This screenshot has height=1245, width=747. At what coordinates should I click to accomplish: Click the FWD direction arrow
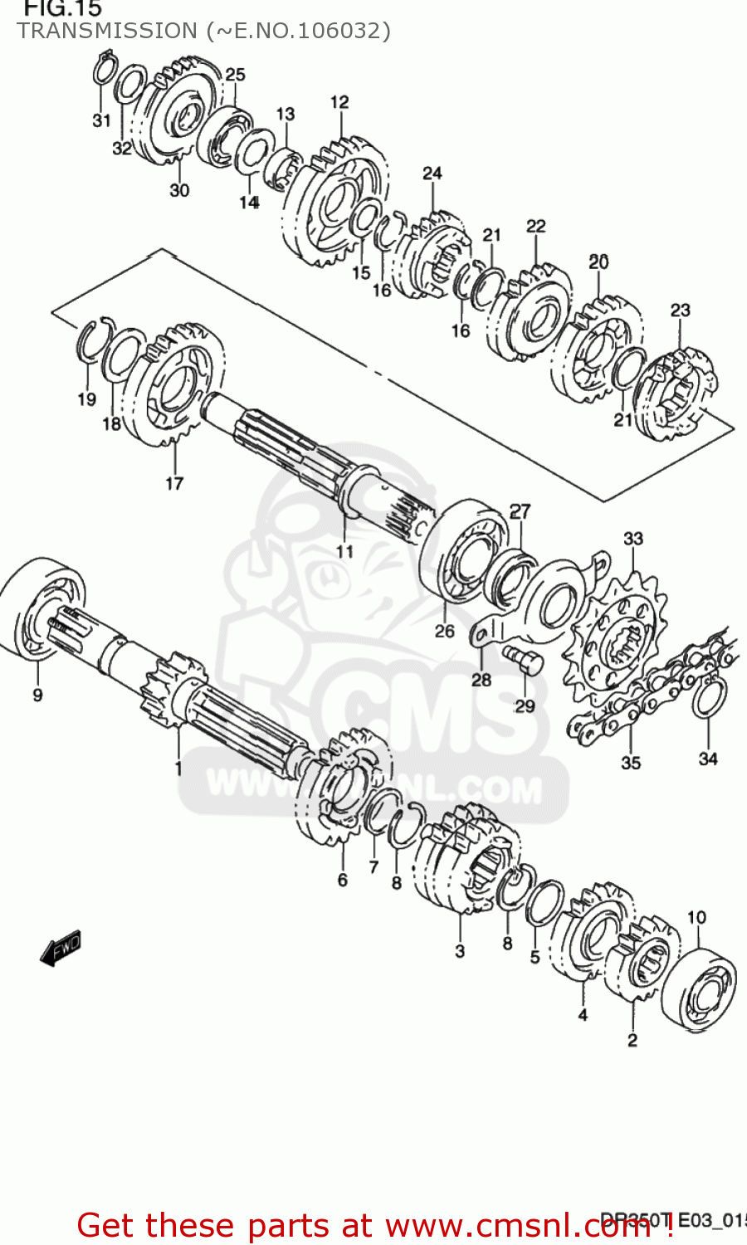61,947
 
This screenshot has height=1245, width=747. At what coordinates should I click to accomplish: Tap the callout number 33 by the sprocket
633,539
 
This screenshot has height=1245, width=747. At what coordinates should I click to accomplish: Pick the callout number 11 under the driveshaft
344,551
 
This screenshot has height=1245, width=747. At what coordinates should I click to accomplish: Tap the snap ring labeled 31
103,70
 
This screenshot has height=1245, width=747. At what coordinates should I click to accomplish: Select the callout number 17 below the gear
174,483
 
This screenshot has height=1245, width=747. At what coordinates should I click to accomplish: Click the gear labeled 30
174,116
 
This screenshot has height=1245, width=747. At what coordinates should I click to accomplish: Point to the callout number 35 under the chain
631,762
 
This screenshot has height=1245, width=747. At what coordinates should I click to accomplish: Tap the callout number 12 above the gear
339,102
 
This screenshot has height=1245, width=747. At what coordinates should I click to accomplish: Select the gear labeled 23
676,394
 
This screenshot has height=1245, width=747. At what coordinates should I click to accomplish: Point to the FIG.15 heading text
62,9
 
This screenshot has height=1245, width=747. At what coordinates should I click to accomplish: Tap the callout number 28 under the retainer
481,680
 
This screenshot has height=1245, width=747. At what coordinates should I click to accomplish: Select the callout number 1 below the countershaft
178,769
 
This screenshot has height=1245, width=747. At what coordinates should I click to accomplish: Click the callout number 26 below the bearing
445,631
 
